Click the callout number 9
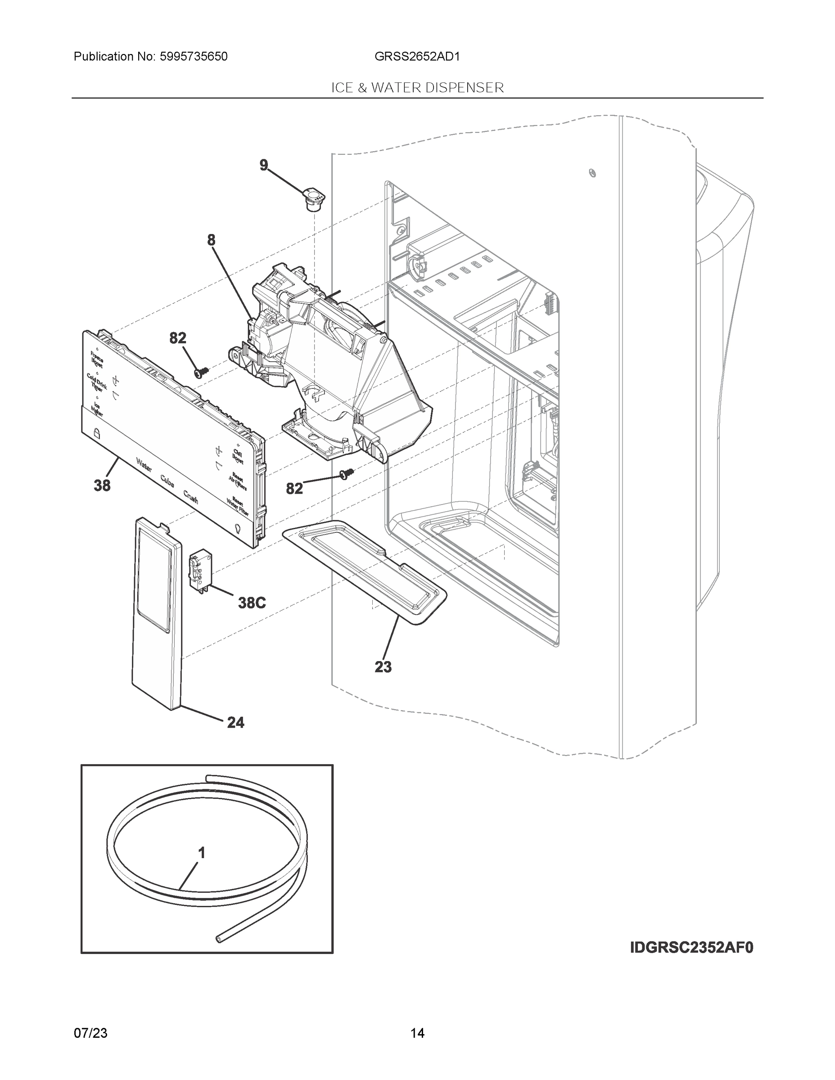[x=264, y=165]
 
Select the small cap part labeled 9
[x=313, y=199]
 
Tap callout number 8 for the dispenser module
[x=211, y=240]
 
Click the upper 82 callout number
[x=178, y=338]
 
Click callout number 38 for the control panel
[x=102, y=486]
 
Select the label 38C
[x=252, y=603]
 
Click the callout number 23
[x=383, y=667]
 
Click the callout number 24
[x=235, y=723]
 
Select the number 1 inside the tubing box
[x=201, y=853]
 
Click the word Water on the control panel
[x=144, y=466]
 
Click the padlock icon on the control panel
[x=96, y=433]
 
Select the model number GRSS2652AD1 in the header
[x=417, y=57]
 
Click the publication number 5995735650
[x=194, y=57]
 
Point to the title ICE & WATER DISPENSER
[x=417, y=88]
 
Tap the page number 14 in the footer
[x=417, y=1033]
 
